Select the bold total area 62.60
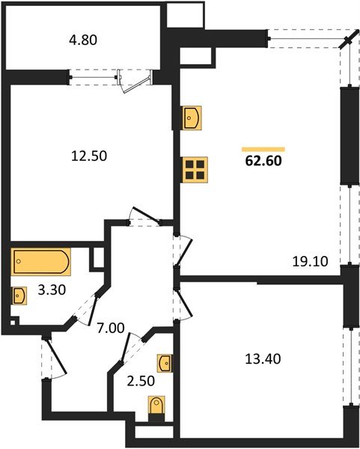pos(263,159)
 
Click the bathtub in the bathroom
pos(41,263)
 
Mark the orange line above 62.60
pos(263,149)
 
